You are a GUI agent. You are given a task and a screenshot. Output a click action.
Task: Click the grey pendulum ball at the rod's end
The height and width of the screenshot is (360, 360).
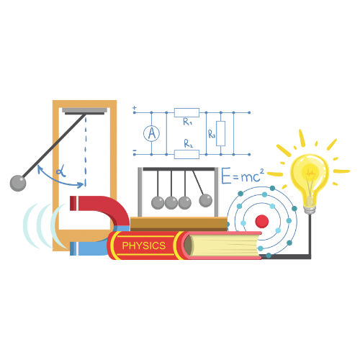(x=18, y=183)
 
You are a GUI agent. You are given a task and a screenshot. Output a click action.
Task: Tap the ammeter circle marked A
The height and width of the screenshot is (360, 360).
(x=151, y=133)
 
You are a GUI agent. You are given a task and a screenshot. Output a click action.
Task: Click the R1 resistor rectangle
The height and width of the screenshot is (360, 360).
(x=186, y=112)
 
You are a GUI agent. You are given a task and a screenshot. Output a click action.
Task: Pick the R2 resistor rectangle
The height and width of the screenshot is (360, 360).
(x=186, y=154)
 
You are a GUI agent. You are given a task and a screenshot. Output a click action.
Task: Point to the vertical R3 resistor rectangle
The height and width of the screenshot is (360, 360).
(x=220, y=133)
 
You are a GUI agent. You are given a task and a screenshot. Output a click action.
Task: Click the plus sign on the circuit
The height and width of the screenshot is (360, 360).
(x=135, y=108)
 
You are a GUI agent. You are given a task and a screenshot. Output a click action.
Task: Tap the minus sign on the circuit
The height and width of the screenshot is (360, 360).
(x=135, y=150)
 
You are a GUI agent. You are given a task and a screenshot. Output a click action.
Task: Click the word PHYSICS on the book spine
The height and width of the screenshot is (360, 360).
(x=144, y=246)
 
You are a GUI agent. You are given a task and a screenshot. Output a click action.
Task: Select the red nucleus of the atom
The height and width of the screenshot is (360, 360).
(x=262, y=221)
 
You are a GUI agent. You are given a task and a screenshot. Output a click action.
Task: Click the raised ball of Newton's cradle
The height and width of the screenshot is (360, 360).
(x=206, y=200)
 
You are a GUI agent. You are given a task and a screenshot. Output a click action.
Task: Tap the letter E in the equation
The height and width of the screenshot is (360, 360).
(x=226, y=176)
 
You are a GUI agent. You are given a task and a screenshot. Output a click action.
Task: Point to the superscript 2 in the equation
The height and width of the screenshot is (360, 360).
(x=262, y=171)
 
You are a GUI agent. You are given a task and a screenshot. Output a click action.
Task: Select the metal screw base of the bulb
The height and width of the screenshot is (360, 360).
(x=310, y=210)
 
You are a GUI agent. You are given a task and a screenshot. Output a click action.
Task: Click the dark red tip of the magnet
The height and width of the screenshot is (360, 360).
(x=73, y=203)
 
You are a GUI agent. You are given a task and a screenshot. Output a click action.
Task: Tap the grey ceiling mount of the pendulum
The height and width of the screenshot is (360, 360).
(x=84, y=111)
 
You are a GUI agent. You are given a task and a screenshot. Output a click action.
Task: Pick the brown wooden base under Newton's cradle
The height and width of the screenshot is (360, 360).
(x=179, y=224)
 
